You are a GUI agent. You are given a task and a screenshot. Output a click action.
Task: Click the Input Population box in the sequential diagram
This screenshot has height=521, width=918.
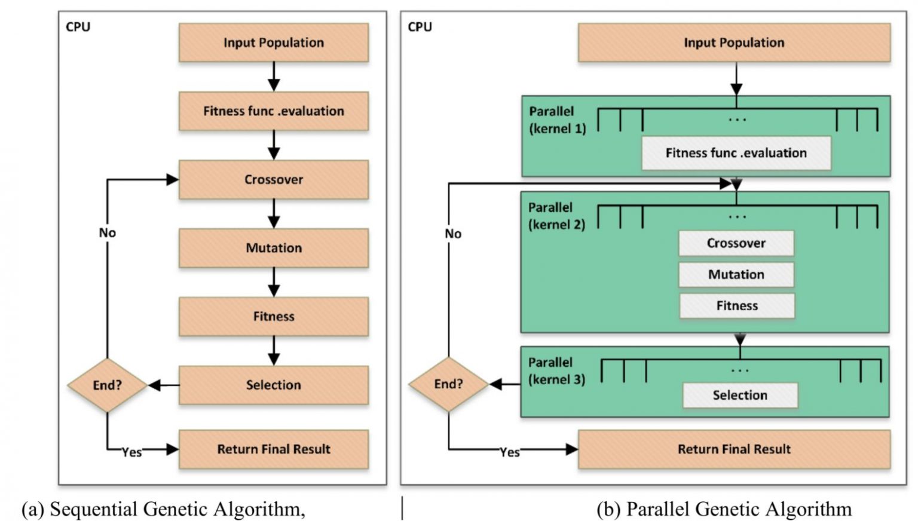pyautogui.click(x=273, y=42)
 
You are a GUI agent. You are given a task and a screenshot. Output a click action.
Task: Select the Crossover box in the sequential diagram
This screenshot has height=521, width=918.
pyautogui.click(x=273, y=179)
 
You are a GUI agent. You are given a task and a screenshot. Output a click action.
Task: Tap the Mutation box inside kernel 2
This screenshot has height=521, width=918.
pyautogui.click(x=736, y=274)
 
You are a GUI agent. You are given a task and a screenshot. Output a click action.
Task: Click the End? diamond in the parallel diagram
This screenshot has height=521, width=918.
pyautogui.click(x=448, y=384)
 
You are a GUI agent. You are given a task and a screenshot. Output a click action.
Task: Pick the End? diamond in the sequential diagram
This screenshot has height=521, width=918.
pyautogui.click(x=107, y=385)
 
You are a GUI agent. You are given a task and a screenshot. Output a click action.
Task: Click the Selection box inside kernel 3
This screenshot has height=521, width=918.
pyautogui.click(x=739, y=395)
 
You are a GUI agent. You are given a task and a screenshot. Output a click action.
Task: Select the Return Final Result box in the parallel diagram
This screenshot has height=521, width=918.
pyautogui.click(x=734, y=449)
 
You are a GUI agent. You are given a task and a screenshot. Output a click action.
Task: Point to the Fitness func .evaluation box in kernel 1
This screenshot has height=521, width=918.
pyautogui.click(x=736, y=153)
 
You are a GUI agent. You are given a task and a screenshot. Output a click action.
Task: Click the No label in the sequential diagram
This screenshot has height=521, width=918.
pyautogui.click(x=108, y=233)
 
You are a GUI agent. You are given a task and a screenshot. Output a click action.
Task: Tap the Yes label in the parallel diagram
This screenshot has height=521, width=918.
pyautogui.click(x=510, y=452)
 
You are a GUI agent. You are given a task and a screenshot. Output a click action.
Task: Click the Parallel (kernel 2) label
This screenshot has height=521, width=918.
pyautogui.click(x=556, y=216)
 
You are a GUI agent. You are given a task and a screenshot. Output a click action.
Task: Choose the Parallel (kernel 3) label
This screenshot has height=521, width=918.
pyautogui.click(x=556, y=370)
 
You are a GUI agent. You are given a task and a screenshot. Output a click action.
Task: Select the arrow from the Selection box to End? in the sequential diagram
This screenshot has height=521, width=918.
pyautogui.click(x=163, y=385)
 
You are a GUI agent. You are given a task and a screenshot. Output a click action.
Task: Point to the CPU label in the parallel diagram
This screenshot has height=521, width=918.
pyautogui.click(x=420, y=27)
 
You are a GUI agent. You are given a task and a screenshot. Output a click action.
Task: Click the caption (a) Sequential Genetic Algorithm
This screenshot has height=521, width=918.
pyautogui.click(x=163, y=509)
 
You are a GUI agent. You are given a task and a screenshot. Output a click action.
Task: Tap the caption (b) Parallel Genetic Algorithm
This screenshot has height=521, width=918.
pyautogui.click(x=724, y=509)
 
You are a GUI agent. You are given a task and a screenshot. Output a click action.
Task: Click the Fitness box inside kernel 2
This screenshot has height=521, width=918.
pyautogui.click(x=736, y=306)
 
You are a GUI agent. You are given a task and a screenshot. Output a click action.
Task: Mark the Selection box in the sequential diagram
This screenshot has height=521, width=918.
pyautogui.click(x=273, y=385)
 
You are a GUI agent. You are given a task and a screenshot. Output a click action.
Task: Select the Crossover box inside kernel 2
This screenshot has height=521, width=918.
pyautogui.click(x=736, y=243)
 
